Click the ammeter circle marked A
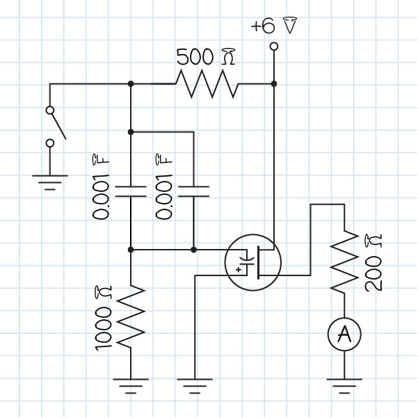coord(344,336)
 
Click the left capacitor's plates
coord(131,191)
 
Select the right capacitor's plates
coord(193,191)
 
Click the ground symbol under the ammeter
coord(344,383)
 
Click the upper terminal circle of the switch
coord(49,109)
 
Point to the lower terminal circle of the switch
coord(49,143)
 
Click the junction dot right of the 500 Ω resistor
coord(274,84)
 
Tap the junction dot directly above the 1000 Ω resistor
coord(131,249)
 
